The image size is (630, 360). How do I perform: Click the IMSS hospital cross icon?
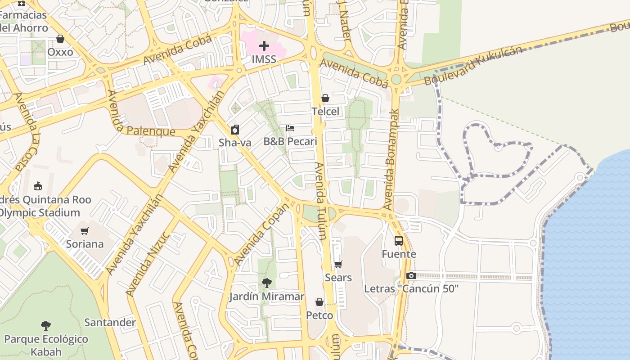[264, 46]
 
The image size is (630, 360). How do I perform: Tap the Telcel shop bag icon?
[325, 98]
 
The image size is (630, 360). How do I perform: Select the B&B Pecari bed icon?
[290, 128]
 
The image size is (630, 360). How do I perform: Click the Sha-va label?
[235, 143]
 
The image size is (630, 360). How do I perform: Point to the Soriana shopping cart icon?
[84, 231]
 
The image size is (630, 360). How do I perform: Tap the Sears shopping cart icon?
[338, 264]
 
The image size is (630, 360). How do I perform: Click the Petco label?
[319, 315]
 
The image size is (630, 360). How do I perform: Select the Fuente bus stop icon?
[399, 241]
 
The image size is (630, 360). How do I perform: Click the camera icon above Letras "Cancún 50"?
[411, 275]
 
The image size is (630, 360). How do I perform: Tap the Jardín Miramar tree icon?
[267, 283]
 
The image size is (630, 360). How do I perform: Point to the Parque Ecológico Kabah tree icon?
[45, 325]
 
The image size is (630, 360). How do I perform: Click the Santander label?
[110, 322]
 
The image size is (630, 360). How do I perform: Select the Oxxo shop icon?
[60, 39]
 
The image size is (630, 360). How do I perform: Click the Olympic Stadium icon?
[38, 186]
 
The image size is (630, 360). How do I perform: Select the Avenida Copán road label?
[261, 234]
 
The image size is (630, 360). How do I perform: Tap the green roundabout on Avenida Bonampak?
[396, 80]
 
